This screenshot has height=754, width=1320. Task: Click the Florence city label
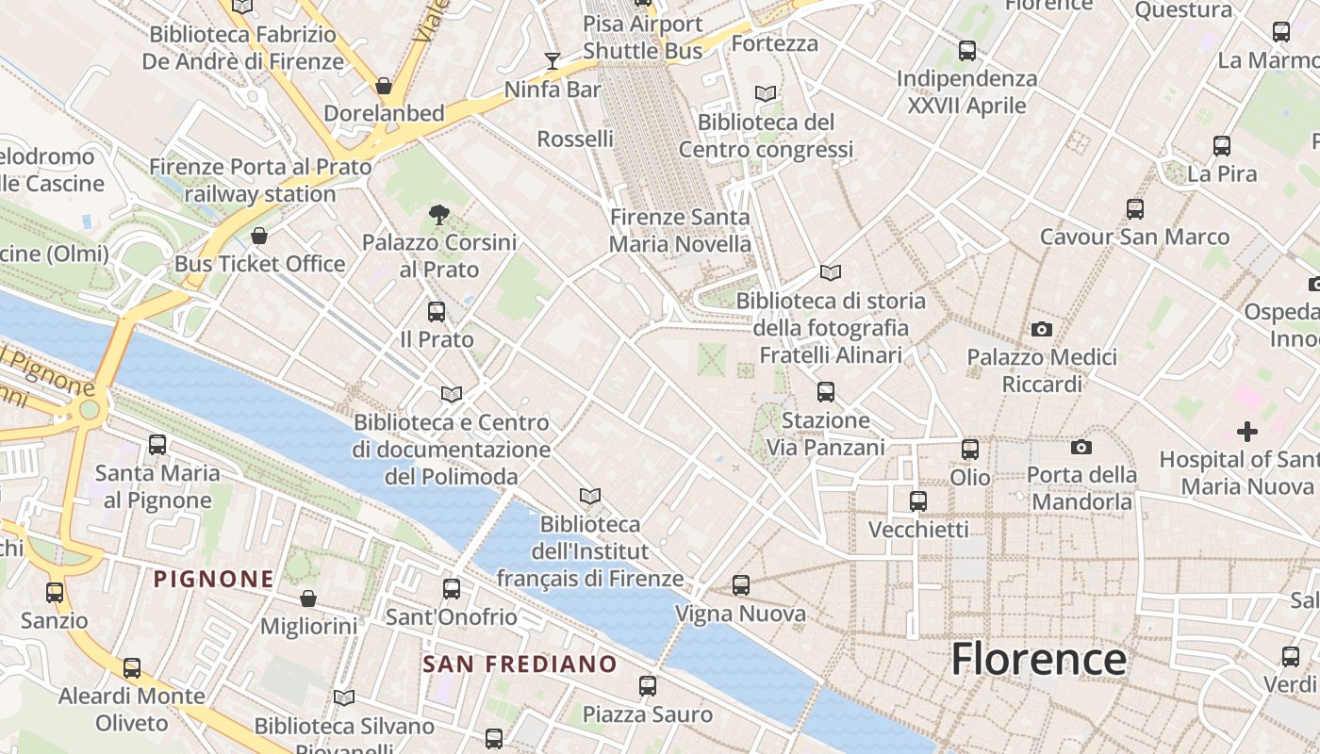[1038, 659]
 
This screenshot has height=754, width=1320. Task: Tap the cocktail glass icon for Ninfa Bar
[553, 61]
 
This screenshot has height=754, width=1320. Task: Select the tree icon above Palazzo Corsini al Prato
[438, 214]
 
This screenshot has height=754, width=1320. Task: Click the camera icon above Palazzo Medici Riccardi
[1042, 329]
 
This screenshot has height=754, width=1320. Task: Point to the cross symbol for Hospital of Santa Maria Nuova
[1247, 432]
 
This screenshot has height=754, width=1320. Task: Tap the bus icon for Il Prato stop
[437, 311]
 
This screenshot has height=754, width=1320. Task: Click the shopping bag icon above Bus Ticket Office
[259, 235]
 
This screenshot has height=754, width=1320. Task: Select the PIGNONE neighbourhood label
[214, 579]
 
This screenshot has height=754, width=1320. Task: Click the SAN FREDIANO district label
[520, 664]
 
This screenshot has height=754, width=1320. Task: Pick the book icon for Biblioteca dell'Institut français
[590, 496]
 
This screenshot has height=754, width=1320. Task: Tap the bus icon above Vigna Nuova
[741, 585]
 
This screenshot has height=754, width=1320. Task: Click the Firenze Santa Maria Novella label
[680, 231]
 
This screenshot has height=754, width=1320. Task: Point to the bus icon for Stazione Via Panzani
[826, 391]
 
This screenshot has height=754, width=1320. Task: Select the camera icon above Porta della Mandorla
[1081, 447]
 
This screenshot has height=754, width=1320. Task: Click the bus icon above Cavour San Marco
[1135, 209]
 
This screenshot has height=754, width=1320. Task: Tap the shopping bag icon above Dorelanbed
[384, 86]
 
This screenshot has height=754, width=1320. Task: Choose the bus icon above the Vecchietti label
[918, 501]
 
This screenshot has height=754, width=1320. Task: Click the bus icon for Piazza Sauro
[648, 685]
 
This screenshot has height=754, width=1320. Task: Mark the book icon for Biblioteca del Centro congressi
[766, 94]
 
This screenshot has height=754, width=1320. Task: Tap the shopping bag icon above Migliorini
[308, 598]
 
